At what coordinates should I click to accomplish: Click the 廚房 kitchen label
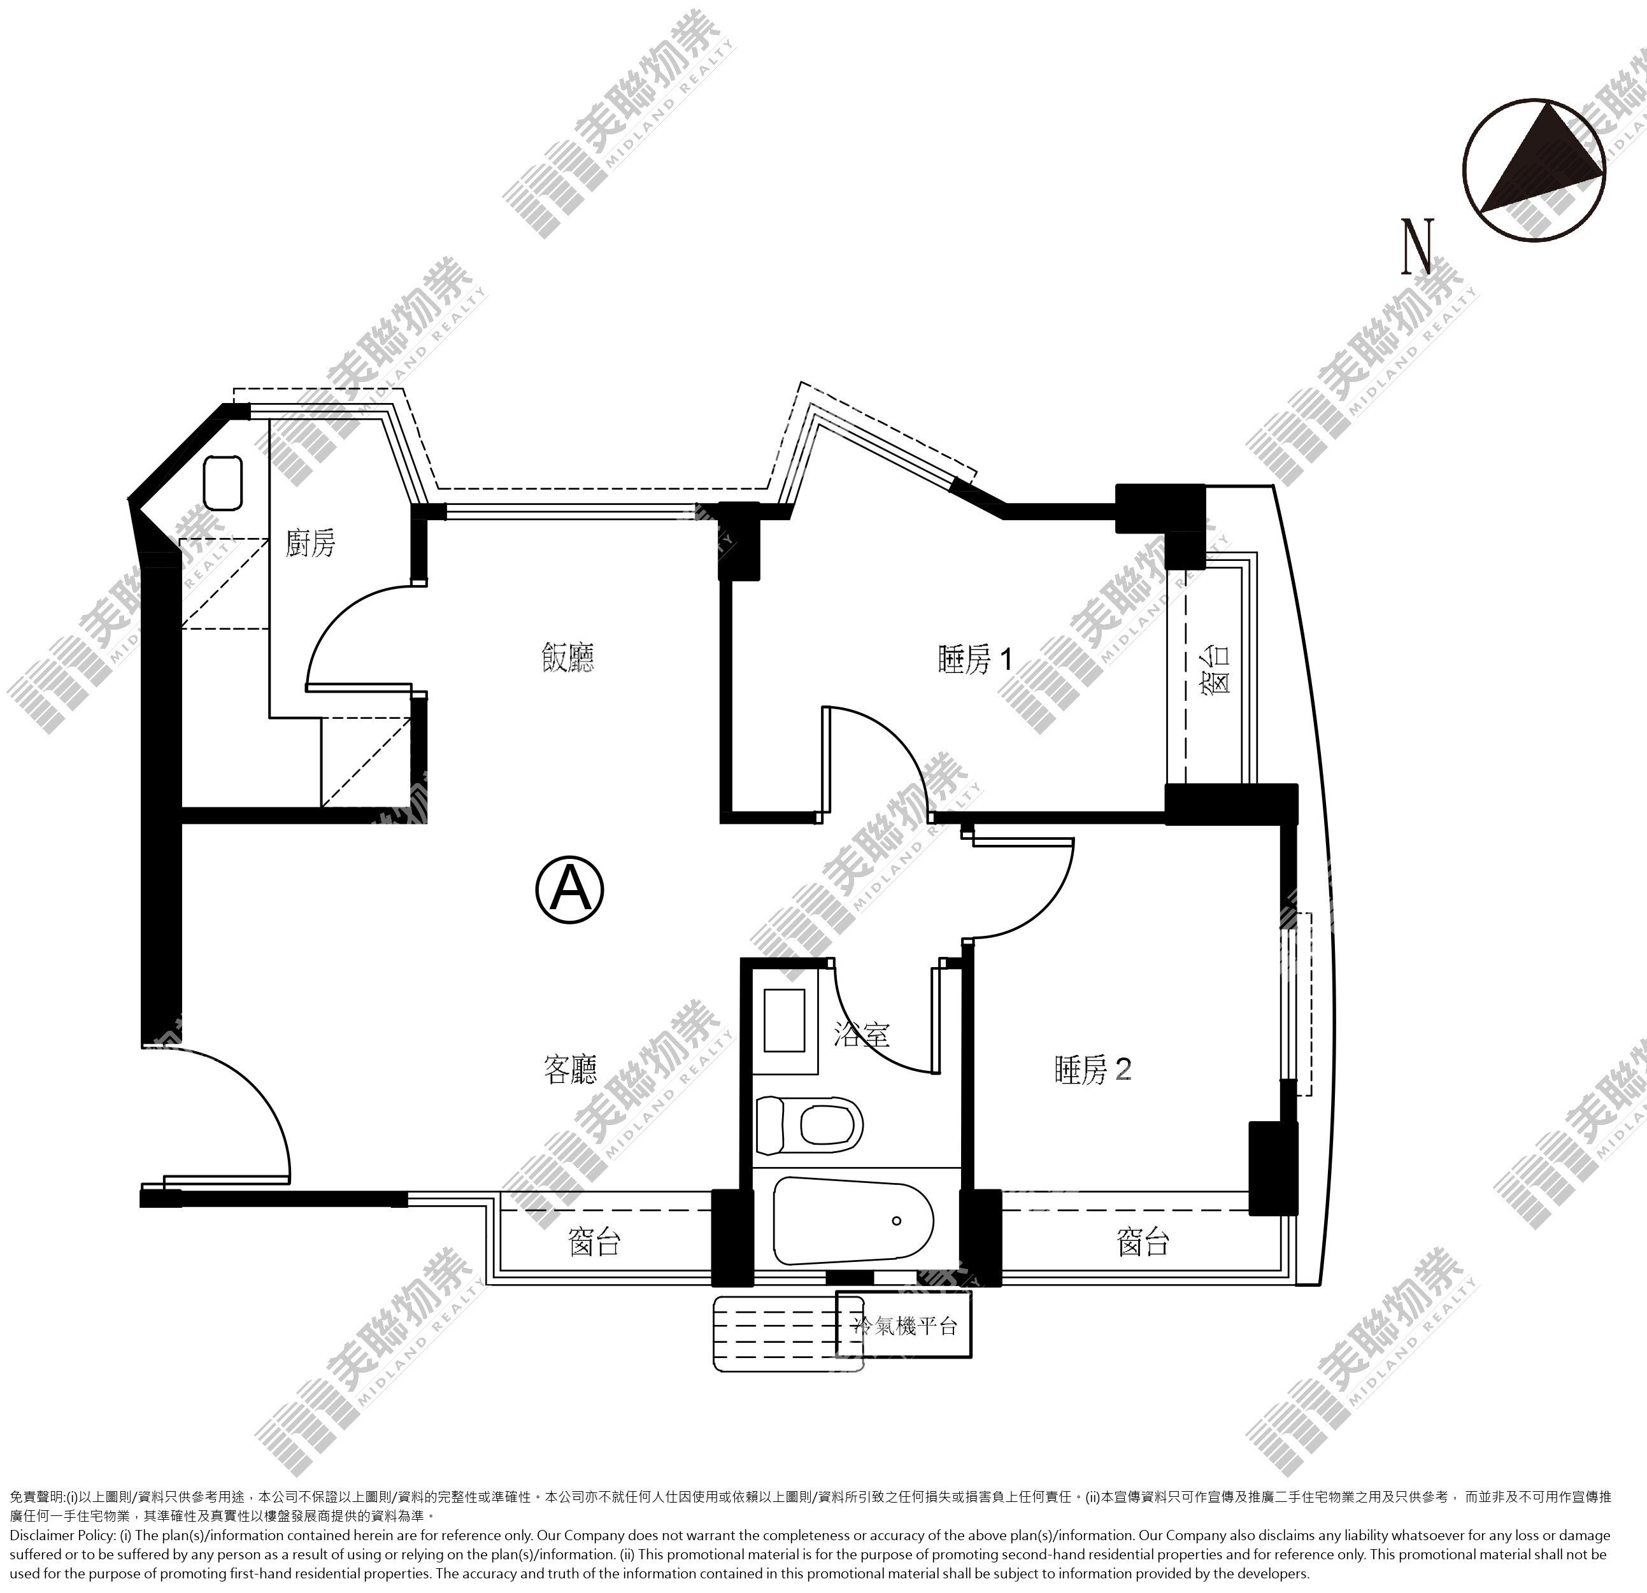click(310, 544)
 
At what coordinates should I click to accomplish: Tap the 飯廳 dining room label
click(568, 657)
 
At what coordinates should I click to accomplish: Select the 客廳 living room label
click(571, 1069)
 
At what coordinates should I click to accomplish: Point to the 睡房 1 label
click(974, 660)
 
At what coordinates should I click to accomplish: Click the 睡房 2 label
click(1092, 1070)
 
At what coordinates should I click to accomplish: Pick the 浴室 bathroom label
click(861, 1033)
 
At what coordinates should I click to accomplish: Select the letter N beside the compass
click(1418, 246)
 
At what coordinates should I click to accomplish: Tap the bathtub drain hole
click(897, 1221)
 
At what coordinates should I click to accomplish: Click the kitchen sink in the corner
click(224, 482)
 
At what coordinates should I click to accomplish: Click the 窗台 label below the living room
click(595, 1241)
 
